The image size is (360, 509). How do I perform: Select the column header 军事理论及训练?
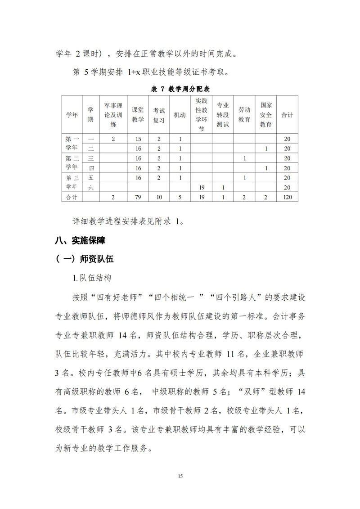(113, 115)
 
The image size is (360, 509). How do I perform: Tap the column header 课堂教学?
(138, 115)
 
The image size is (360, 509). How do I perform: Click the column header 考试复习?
(159, 115)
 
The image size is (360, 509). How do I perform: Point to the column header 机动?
(180, 115)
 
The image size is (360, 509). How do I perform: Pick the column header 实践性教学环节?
(201, 115)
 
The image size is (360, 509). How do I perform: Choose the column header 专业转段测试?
(223, 115)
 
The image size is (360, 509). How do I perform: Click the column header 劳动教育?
(244, 115)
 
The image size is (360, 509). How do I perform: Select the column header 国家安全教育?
(266, 115)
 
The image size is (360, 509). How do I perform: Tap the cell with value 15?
(138, 139)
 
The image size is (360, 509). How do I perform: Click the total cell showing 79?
(138, 197)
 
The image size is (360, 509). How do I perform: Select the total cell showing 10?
(159, 197)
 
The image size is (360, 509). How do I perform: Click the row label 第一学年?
(72, 144)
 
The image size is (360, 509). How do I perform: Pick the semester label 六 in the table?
(91, 187)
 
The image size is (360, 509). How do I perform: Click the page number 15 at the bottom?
(180, 476)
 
